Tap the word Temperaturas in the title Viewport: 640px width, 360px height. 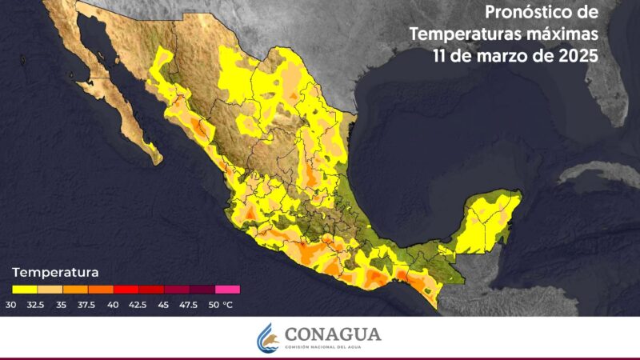coord(475,34)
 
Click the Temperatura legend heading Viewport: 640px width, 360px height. coord(55,270)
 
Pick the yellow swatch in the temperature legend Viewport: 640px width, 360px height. coord(24,290)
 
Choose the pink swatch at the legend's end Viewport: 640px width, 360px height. coord(227,290)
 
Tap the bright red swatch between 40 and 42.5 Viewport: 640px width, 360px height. coord(126,290)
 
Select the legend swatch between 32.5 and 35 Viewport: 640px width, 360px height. coord(50,290)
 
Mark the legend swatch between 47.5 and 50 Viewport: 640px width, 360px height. coord(202,290)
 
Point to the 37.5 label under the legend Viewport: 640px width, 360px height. coord(89,304)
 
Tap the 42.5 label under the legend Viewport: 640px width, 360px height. coord(139,304)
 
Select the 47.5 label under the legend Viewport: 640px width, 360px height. coord(190,304)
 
